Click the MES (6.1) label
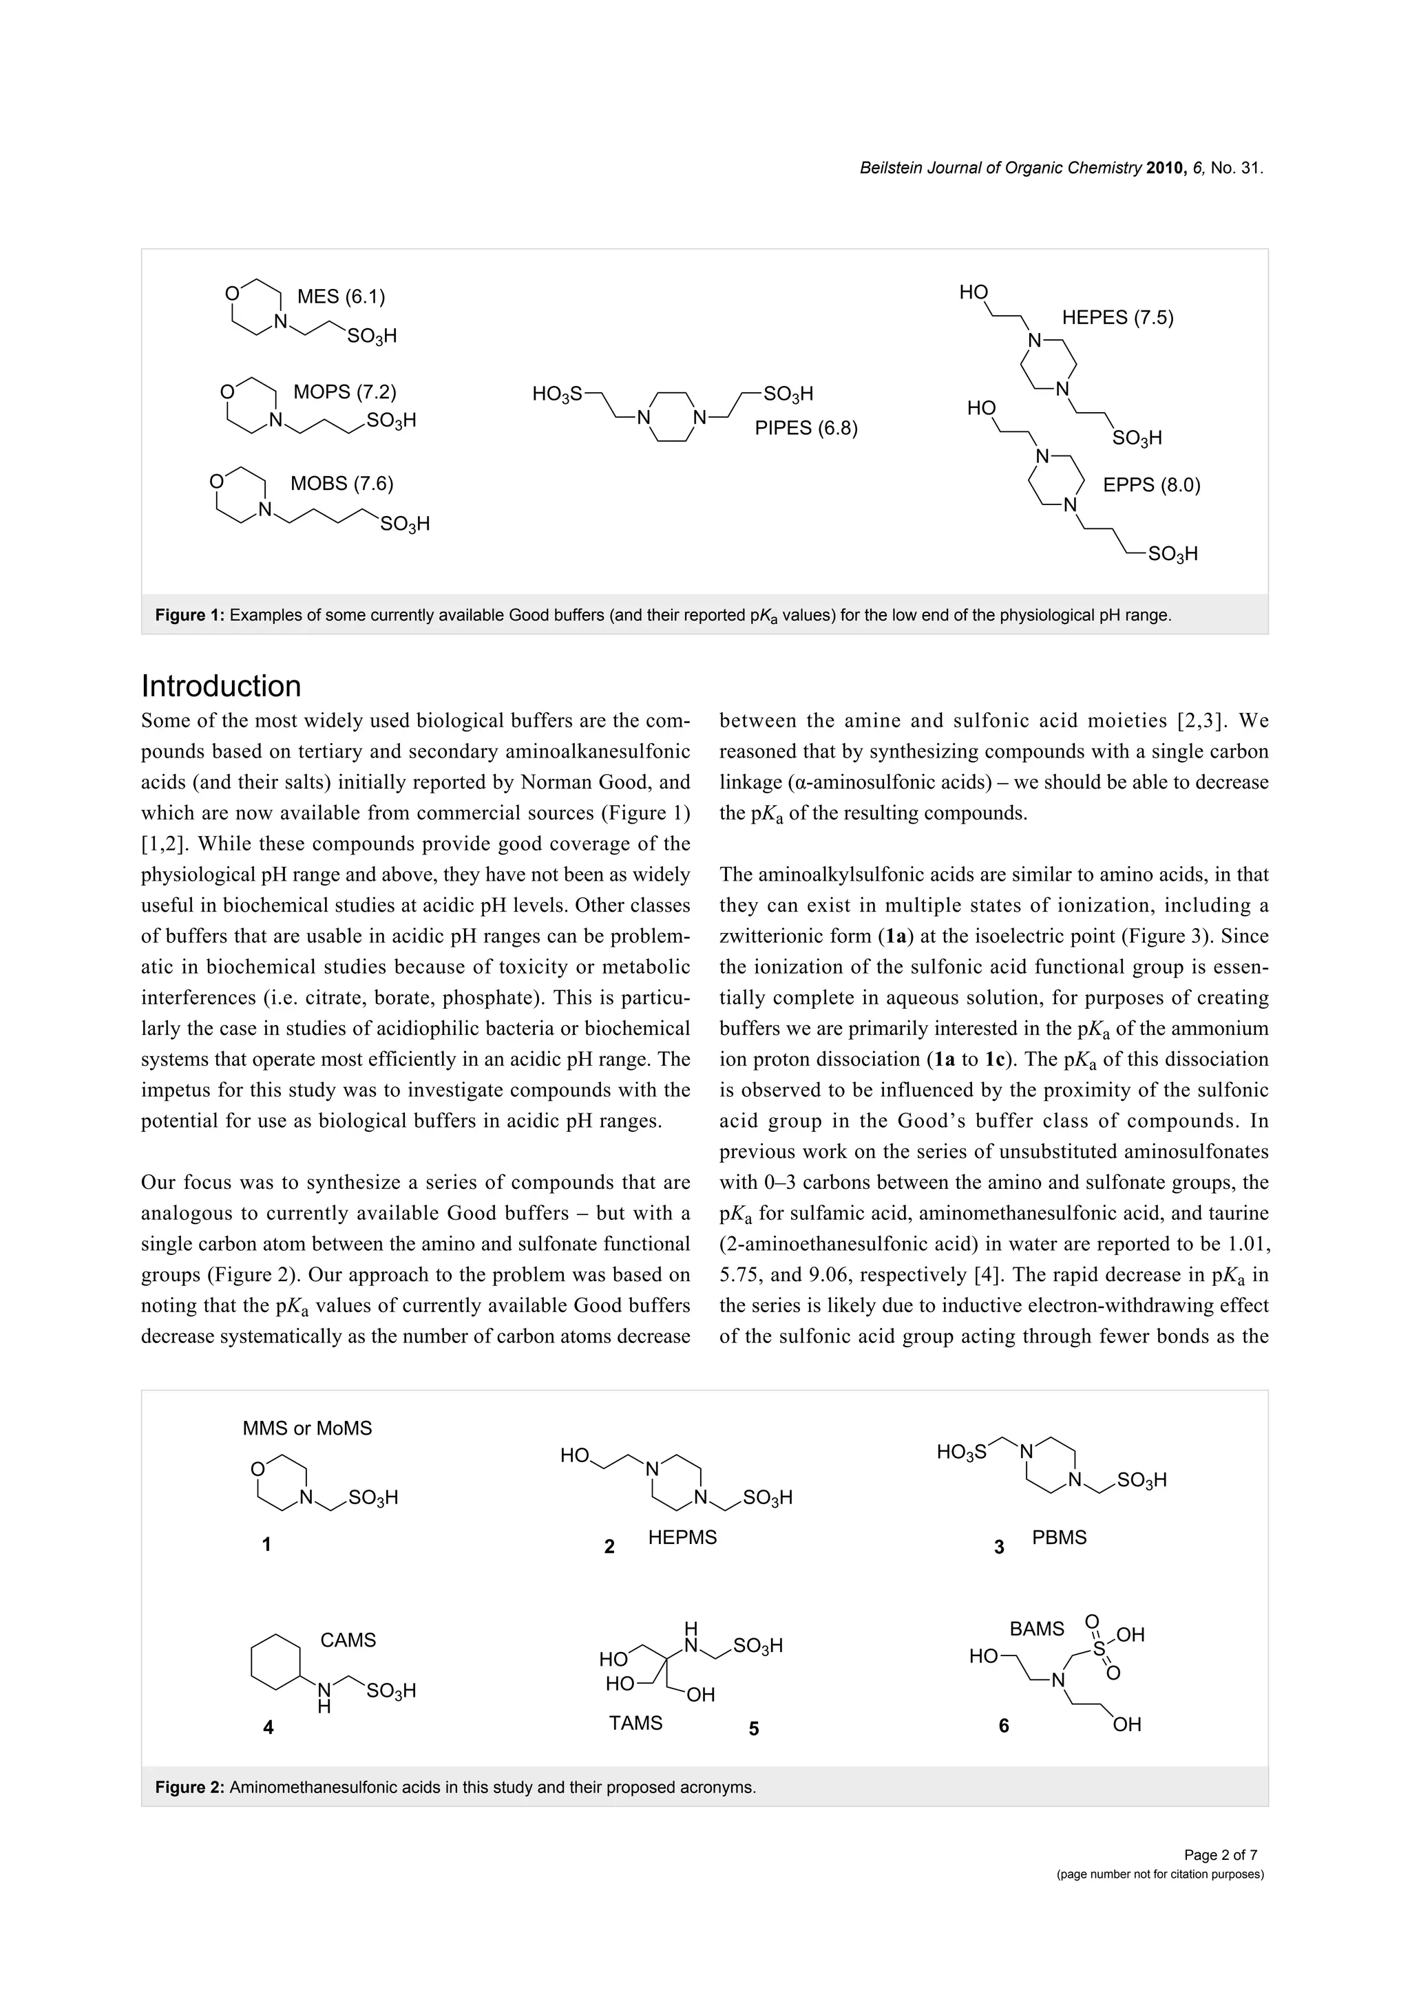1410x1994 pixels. click(x=341, y=297)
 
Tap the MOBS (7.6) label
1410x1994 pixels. click(x=341, y=484)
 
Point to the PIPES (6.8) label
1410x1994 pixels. click(x=806, y=428)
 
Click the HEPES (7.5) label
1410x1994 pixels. click(x=1117, y=318)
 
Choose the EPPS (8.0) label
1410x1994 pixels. click(x=1151, y=486)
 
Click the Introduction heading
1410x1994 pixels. click(x=221, y=686)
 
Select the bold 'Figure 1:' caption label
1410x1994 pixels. click(x=189, y=616)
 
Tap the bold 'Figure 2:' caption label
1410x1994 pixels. click(x=189, y=1788)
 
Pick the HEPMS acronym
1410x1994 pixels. click(x=682, y=1538)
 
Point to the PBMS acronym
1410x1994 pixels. click(x=1059, y=1538)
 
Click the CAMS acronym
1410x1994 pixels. click(x=348, y=1640)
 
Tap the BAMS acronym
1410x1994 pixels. click(x=1036, y=1629)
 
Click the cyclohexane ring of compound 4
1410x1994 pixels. click(x=275, y=1662)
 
